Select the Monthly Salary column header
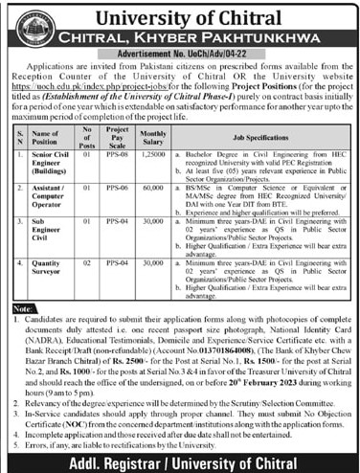[152, 137]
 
